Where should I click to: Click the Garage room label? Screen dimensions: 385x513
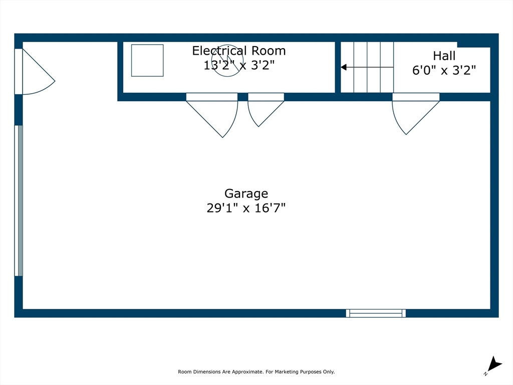(x=246, y=194)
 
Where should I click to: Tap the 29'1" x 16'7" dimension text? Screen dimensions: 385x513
(x=246, y=208)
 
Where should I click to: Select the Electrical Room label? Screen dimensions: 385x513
(x=239, y=51)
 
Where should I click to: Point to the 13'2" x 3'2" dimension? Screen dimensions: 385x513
(x=239, y=65)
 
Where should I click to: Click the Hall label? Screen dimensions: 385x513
(x=444, y=56)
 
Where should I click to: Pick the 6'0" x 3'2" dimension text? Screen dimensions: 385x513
(x=444, y=70)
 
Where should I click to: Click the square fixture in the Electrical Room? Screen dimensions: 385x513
(x=147, y=60)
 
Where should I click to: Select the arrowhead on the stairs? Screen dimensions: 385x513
(x=344, y=67)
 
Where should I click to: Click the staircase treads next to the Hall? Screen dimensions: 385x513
(x=367, y=67)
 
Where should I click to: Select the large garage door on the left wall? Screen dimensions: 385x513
(x=19, y=201)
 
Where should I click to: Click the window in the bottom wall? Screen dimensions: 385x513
(x=376, y=313)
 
